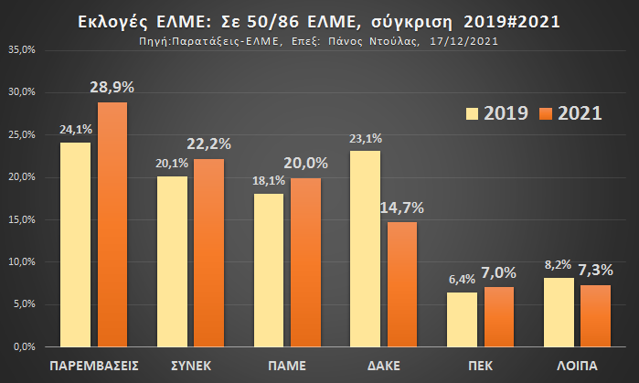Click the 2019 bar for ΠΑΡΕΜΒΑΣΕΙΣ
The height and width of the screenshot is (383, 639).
pyautogui.click(x=75, y=244)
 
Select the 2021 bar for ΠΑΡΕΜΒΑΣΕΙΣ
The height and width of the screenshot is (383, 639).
pyautogui.click(x=112, y=224)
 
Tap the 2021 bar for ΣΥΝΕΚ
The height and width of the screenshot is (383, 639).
pyautogui.click(x=208, y=252)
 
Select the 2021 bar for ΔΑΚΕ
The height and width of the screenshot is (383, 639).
pyautogui.click(x=402, y=284)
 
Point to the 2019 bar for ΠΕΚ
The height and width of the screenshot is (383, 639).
pyautogui.click(x=462, y=319)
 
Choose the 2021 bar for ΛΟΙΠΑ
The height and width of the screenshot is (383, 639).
pyautogui.click(x=595, y=315)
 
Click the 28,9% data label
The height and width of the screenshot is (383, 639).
pyautogui.click(x=112, y=88)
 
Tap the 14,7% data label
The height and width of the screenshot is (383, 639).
pyautogui.click(x=402, y=208)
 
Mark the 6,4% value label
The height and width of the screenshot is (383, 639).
pyautogui.click(x=462, y=280)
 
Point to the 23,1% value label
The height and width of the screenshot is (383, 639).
pyautogui.click(x=365, y=138)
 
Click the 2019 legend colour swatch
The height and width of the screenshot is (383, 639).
pyautogui.click(x=473, y=113)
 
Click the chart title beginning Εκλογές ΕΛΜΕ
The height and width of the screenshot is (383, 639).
pyautogui.click(x=319, y=20)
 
